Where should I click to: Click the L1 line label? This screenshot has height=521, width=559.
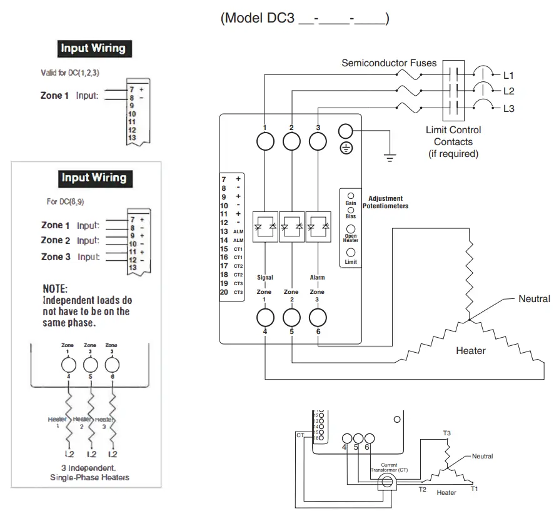pos(508,75)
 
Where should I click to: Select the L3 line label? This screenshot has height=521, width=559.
pos(508,108)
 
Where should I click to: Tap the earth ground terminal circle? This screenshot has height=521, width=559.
pos(346,131)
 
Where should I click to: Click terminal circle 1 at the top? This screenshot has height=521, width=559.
pos(265,142)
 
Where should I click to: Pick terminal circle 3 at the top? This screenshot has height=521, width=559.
pos(318,142)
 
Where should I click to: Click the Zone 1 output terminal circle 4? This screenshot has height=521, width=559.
pos(265,318)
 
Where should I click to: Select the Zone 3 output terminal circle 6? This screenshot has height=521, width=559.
pos(318,318)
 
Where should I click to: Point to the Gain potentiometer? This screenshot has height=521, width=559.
pos(351,196)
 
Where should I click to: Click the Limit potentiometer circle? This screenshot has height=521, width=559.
pos(351,253)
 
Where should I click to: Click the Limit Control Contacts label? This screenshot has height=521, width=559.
pos(453,142)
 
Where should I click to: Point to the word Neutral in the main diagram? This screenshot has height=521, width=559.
pos(534,299)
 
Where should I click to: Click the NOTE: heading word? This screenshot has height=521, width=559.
pos(55,289)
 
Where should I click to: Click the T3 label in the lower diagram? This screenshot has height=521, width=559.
pos(446,433)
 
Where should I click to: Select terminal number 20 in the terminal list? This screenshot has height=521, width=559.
pos(224,292)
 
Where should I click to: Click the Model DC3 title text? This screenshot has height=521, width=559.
pos(305,18)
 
